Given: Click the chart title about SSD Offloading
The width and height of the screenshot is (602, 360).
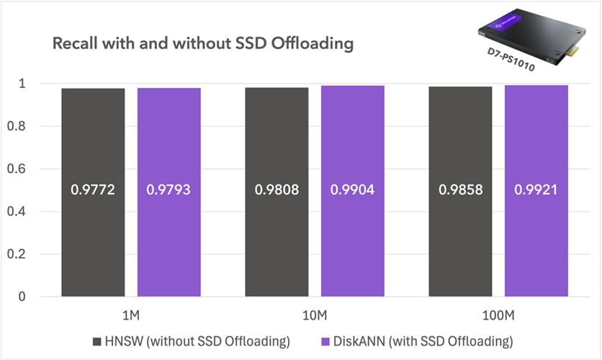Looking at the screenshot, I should [203, 44].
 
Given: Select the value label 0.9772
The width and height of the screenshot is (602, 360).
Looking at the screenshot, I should [93, 191].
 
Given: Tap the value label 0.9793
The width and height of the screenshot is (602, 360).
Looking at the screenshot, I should [169, 191].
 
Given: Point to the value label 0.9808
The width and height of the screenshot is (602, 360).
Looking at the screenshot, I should [277, 191].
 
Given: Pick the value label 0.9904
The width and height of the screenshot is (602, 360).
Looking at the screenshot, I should [353, 191].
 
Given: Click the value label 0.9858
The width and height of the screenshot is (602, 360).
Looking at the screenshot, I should [460, 191].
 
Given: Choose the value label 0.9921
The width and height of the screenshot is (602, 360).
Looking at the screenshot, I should [536, 191].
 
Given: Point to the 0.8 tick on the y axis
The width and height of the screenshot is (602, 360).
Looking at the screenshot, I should [30, 127].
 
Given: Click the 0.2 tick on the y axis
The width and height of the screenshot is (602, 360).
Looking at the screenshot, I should [30, 254].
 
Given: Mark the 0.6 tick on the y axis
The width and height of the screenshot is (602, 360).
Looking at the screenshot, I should [30, 169].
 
